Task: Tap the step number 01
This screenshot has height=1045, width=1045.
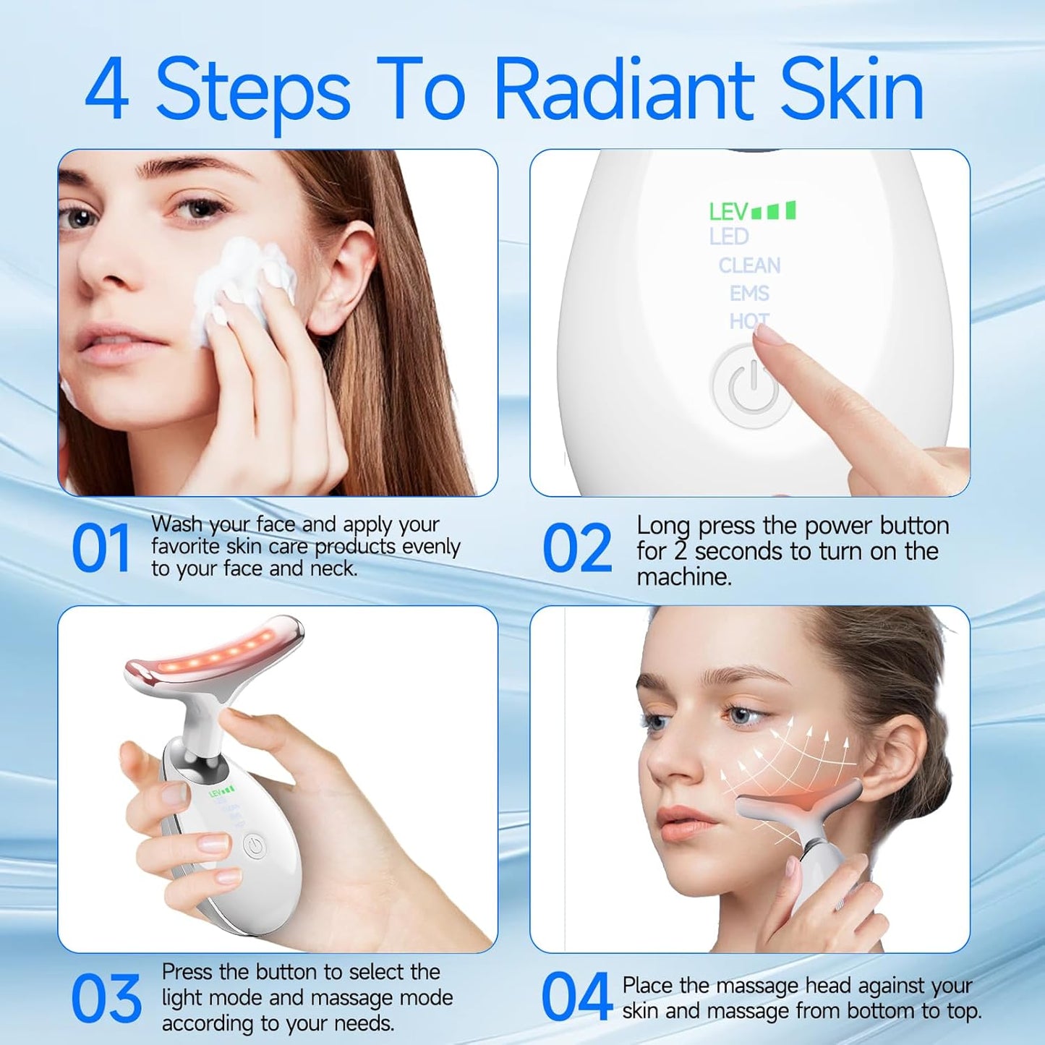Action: (x=101, y=548)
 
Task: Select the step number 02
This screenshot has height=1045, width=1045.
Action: (x=576, y=548)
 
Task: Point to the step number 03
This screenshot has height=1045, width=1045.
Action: (x=106, y=999)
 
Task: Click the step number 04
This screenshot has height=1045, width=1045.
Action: (x=576, y=997)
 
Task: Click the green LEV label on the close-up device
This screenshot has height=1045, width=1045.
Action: (x=728, y=212)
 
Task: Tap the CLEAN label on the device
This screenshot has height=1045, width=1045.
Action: (x=749, y=265)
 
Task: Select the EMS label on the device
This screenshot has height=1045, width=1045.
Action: (x=749, y=293)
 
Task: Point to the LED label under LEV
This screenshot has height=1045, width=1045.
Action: (x=729, y=236)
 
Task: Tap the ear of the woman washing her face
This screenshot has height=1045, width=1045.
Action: (x=347, y=275)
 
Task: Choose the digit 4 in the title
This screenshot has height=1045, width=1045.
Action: (x=108, y=90)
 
